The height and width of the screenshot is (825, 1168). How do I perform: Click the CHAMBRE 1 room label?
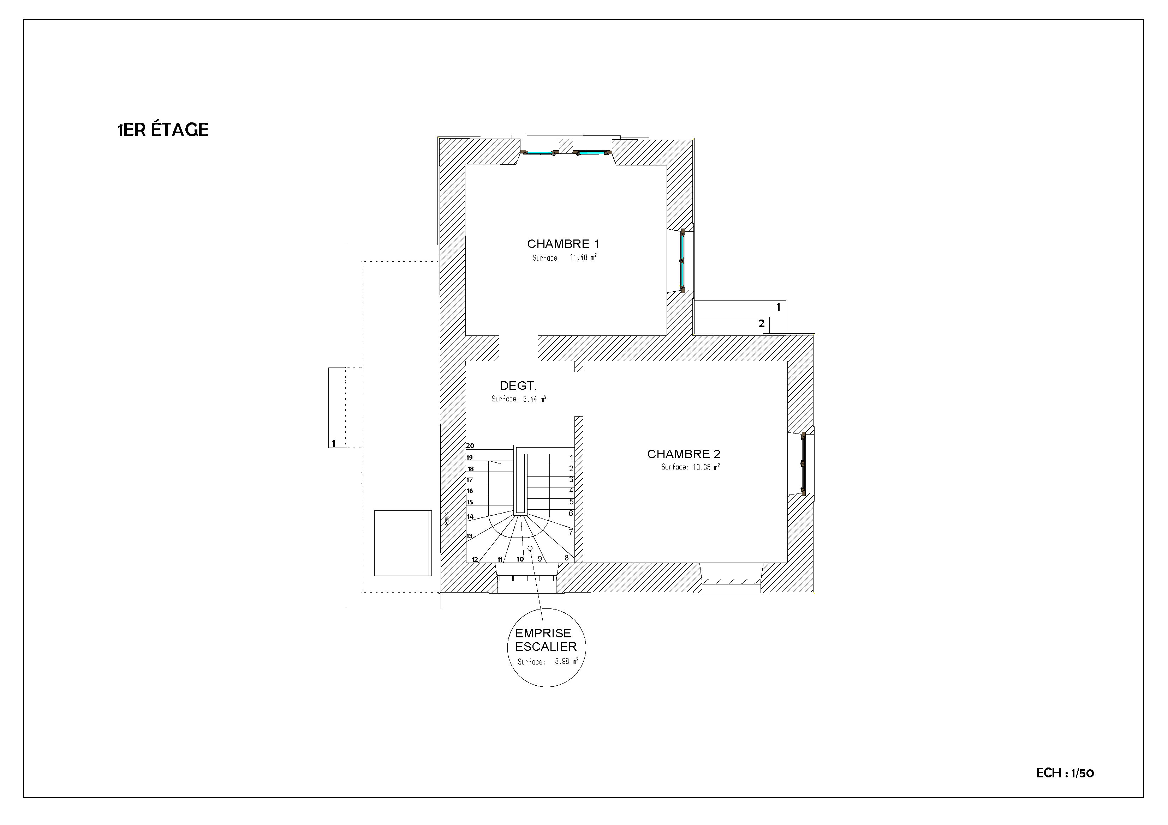click(563, 244)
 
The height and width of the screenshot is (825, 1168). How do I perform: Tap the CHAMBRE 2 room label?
click(684, 454)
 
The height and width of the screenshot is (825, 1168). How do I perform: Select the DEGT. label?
click(518, 386)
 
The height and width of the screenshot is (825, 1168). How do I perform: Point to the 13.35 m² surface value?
click(705, 467)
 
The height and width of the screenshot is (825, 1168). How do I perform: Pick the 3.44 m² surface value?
click(535, 399)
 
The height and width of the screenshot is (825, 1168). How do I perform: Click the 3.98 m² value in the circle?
click(567, 661)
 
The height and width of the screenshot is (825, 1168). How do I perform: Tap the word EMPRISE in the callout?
click(543, 633)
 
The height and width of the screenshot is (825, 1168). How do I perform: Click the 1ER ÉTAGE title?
click(163, 130)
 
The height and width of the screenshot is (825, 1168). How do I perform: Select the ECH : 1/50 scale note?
click(1065, 773)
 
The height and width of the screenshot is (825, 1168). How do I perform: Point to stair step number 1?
click(571, 457)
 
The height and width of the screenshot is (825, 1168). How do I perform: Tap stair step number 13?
click(470, 536)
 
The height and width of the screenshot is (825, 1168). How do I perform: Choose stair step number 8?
click(566, 558)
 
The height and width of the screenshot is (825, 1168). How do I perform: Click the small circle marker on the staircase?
click(530, 548)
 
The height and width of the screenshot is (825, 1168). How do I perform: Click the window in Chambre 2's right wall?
click(803, 463)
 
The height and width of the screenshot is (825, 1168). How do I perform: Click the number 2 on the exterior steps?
click(762, 323)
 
